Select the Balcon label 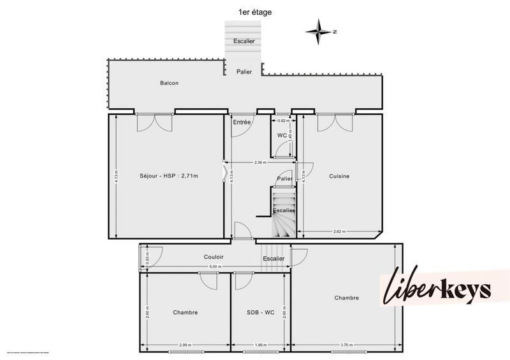(169, 83)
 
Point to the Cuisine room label (339, 176)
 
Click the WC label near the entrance (282, 135)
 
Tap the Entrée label (242, 122)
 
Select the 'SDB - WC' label (261, 312)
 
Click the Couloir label (214, 257)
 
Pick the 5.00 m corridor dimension (215, 266)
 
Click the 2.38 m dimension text (260, 162)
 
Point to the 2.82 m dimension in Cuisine (339, 232)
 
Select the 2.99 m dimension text (185, 345)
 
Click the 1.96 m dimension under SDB (261, 345)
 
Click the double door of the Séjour (154, 121)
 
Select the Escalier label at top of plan (244, 41)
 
